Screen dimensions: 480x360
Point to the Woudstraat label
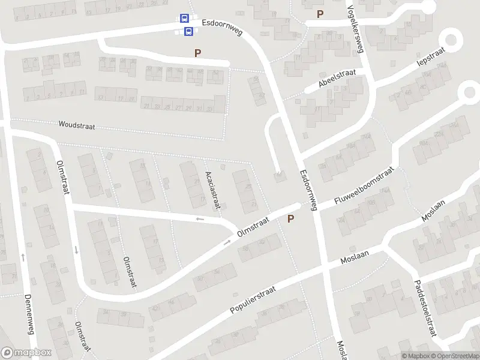pos(77,125)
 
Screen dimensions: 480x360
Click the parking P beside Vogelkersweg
pos(320,14)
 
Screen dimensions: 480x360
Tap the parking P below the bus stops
pos(197,53)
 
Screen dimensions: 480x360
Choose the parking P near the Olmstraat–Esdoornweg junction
pos(291,219)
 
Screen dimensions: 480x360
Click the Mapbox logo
pos(25,353)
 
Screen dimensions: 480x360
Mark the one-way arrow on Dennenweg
pos(23,257)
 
